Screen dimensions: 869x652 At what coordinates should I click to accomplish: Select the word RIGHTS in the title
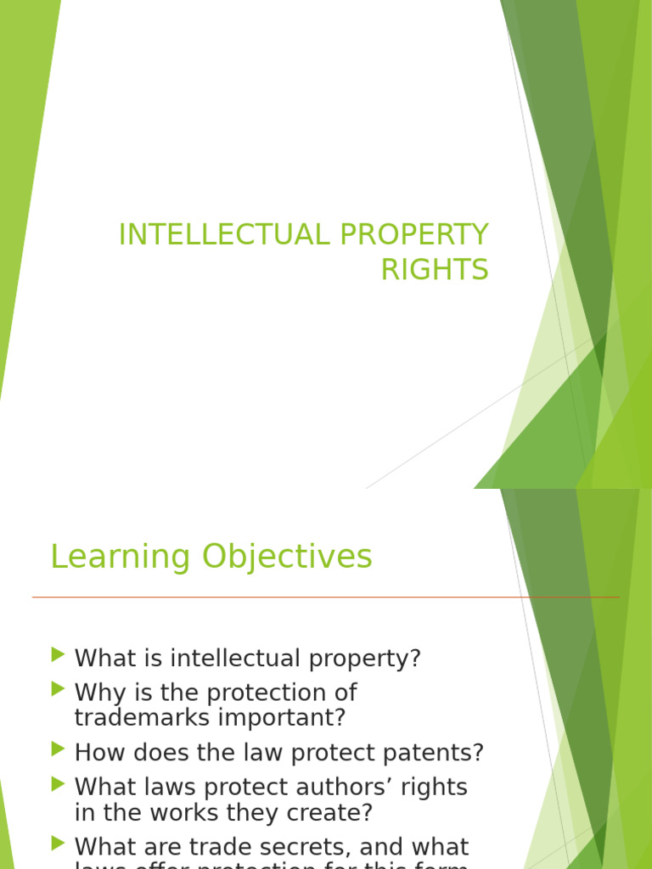(x=435, y=270)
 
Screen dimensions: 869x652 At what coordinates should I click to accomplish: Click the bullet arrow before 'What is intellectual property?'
(x=58, y=654)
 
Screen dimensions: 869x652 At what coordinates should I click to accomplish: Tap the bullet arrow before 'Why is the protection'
(x=58, y=687)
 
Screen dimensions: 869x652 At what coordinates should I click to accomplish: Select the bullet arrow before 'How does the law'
(x=58, y=748)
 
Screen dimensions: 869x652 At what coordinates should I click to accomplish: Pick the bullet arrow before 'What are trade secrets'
(x=58, y=844)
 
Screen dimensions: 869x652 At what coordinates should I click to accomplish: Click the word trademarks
(x=147, y=718)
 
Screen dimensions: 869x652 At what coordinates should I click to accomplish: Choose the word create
(x=326, y=813)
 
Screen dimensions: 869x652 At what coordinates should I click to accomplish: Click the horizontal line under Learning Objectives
(x=326, y=598)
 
